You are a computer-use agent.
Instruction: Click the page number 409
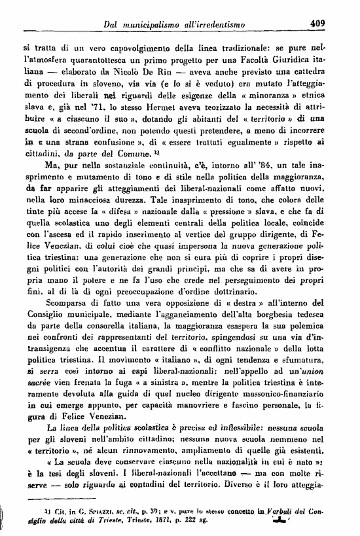click(318, 24)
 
